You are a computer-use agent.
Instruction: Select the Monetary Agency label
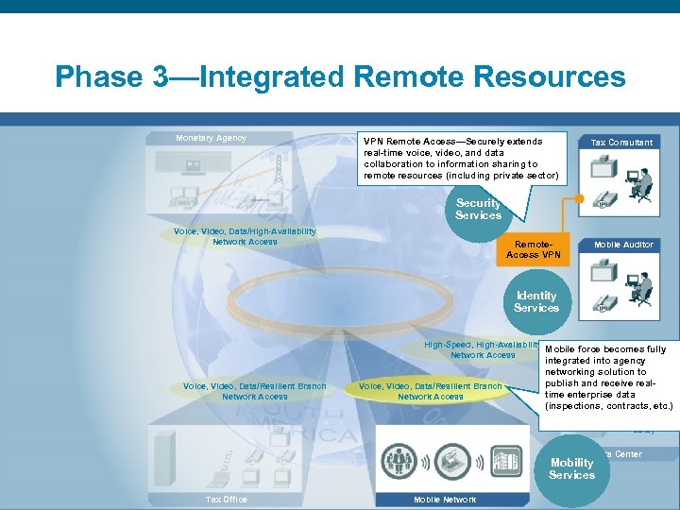(x=211, y=138)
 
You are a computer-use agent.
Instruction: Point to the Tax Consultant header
(x=620, y=143)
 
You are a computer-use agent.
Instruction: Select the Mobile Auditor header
(x=622, y=245)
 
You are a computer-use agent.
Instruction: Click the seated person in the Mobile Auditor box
(x=642, y=283)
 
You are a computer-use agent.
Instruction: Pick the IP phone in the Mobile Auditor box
(x=603, y=304)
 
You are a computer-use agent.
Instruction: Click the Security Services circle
(x=478, y=209)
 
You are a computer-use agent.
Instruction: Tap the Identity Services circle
(x=535, y=301)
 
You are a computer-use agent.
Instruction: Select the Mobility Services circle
(x=571, y=468)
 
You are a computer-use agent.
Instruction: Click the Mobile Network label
(x=444, y=499)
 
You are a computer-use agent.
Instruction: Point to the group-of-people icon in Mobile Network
(x=399, y=460)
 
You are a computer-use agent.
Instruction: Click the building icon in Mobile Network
(x=506, y=461)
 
